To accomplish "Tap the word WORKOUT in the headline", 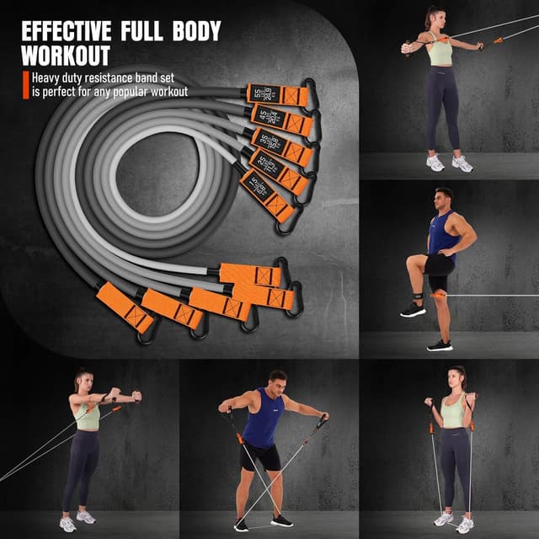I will [x=66, y=56].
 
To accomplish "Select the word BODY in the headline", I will [x=191, y=31].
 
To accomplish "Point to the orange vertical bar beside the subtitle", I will [x=25, y=85].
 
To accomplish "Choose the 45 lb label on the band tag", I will [x=263, y=115].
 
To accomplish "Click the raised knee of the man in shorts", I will [x=413, y=264].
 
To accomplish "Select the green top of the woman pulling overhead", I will [x=439, y=53].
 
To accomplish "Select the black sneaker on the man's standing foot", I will [x=439, y=344].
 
